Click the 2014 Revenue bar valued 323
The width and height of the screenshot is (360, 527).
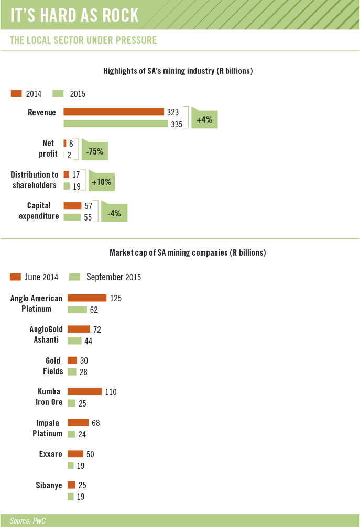114,112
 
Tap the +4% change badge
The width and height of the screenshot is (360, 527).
204,120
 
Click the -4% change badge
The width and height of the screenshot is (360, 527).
115,214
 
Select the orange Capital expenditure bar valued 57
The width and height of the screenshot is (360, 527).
72,205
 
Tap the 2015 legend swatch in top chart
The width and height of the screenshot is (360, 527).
58,94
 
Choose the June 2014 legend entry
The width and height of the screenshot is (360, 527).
34,277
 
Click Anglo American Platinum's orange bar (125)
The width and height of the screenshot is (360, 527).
87,298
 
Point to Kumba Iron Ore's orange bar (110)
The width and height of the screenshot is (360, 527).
84,391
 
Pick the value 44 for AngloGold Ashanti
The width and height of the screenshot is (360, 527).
88,341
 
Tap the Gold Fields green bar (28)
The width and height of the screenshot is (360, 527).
72,371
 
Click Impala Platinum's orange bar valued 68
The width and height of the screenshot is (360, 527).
78,423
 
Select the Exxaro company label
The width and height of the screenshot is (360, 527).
51,454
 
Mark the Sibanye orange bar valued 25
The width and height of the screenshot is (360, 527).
72,485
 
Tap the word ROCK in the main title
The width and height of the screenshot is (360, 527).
116,15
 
